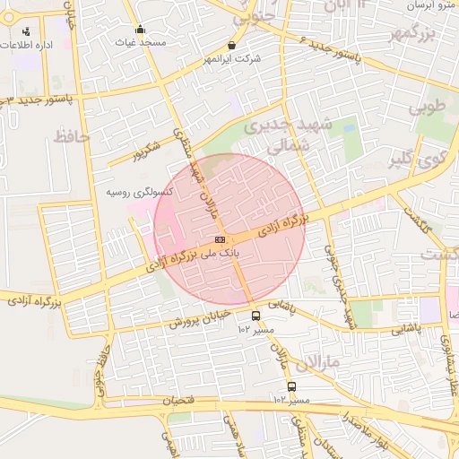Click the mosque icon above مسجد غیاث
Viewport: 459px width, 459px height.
140,30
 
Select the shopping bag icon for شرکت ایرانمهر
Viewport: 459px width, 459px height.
233,46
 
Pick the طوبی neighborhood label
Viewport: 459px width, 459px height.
428,108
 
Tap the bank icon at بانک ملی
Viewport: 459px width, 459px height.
221,239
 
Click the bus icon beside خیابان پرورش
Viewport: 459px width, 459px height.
256,316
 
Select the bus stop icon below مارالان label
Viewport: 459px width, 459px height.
291,386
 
